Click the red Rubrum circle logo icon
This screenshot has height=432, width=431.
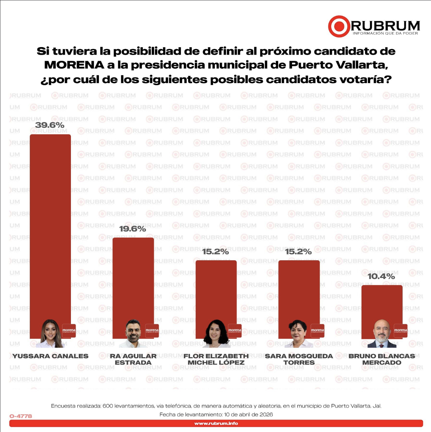point(339,26)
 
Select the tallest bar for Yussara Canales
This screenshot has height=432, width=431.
point(50,225)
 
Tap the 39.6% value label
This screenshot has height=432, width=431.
point(50,125)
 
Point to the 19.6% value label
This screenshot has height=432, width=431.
point(132,229)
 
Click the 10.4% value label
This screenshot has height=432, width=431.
point(381,276)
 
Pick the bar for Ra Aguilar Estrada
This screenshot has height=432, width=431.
point(133,277)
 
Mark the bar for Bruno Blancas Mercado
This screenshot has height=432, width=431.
point(382,301)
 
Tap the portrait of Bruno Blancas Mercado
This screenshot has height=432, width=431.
point(382,334)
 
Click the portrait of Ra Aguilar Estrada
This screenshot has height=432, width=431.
point(133,334)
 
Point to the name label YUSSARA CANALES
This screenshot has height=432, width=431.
point(51,356)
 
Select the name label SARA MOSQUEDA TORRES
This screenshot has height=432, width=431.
point(299,359)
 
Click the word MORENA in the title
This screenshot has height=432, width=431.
point(74,65)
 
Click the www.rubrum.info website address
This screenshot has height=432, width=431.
point(216,423)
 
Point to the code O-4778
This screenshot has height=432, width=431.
point(21,416)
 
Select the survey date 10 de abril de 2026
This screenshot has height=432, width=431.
point(248,414)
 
